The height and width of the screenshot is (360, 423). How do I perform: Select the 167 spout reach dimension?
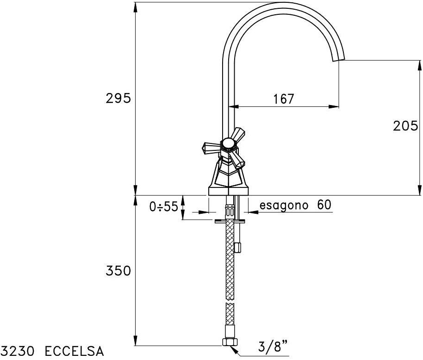pos(284,99)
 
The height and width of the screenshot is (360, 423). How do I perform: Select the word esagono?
pos(283,205)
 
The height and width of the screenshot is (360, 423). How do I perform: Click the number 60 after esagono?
pos(324,205)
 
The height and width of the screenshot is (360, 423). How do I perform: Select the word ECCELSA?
pos(74,352)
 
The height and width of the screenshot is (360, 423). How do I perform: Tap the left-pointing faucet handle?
pos(209,148)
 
